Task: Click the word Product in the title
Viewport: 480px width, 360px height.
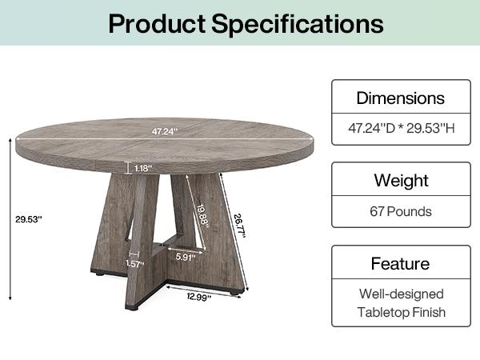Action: pos(155,23)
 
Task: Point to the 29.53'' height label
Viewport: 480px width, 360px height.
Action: pos(28,218)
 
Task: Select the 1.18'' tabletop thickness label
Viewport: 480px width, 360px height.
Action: pos(142,168)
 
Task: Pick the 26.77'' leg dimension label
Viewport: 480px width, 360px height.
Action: pos(238,217)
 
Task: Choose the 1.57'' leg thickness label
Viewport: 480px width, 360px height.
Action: pos(135,263)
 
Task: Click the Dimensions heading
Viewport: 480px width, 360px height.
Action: pos(400,98)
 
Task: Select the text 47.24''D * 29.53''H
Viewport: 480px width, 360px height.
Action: pos(400,128)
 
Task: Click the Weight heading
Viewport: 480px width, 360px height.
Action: pos(400,181)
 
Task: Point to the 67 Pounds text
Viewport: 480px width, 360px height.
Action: pos(400,211)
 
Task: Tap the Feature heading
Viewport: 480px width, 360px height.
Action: pos(400,263)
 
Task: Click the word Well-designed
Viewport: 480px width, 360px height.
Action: pos(400,294)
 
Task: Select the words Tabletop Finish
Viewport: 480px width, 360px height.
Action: pos(400,312)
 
